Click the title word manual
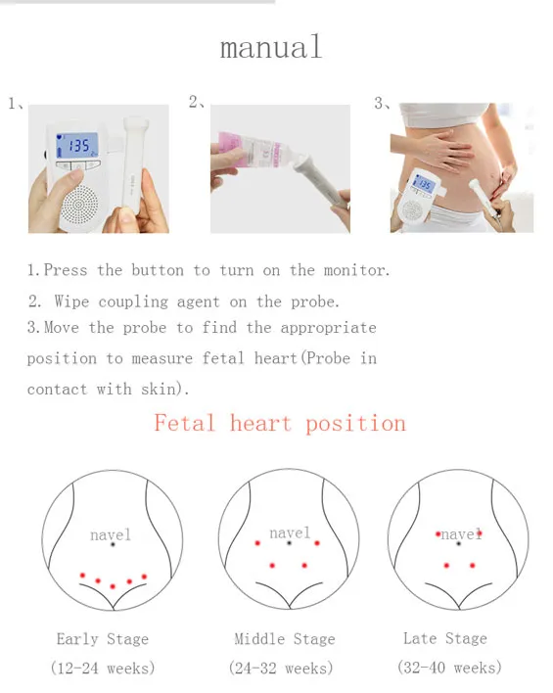[271, 47]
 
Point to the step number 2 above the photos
[194, 102]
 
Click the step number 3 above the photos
[380, 102]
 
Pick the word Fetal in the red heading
[186, 423]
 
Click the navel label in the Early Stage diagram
[111, 535]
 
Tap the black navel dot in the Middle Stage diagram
[290, 543]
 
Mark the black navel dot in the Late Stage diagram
[459, 543]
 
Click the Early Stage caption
[103, 639]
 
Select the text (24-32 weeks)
[281, 669]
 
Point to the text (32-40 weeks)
[449, 668]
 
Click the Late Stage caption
[445, 638]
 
